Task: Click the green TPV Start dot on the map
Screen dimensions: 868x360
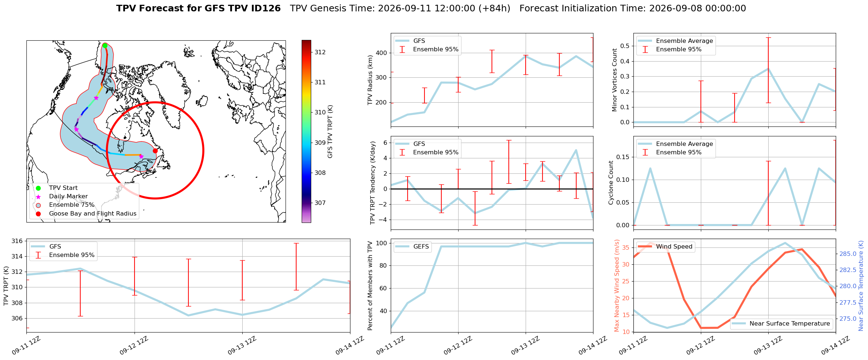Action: tap(105, 45)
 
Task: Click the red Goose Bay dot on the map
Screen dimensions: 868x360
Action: tap(155, 151)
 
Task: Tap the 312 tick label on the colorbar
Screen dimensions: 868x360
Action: tap(320, 52)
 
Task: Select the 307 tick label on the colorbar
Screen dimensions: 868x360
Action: tap(320, 203)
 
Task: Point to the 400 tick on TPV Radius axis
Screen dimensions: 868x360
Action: tap(382, 53)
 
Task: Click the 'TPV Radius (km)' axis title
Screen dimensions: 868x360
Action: tap(370, 80)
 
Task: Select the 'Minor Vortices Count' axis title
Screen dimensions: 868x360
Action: tap(614, 80)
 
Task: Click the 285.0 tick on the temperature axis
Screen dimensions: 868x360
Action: tap(848, 254)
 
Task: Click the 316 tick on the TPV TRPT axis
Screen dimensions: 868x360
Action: tap(17, 241)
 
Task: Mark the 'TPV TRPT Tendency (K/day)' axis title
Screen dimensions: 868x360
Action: tap(373, 183)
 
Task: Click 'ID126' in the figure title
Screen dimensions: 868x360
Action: tap(264, 8)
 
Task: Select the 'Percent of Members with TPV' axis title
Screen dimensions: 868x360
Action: tap(370, 286)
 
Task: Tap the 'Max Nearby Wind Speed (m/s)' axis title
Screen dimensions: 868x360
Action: tap(617, 286)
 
